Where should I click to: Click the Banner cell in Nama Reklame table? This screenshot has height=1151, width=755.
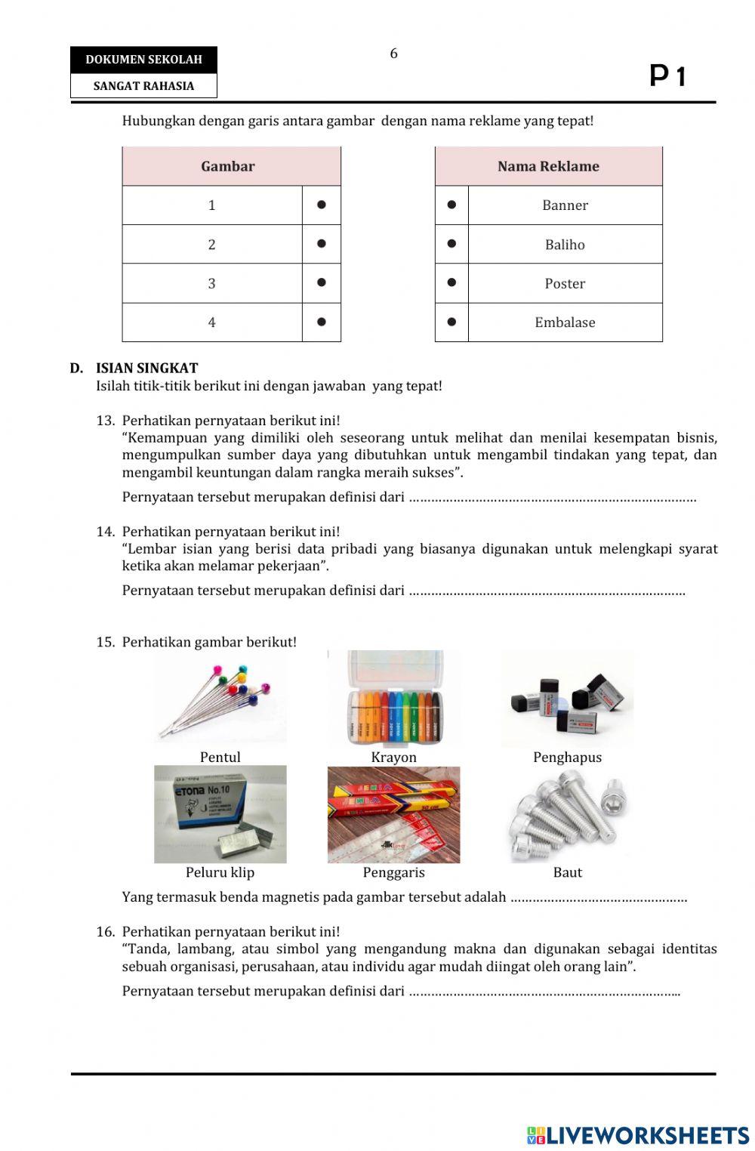point(565,205)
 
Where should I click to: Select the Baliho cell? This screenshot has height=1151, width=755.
point(565,245)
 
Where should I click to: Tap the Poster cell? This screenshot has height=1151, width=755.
point(565,284)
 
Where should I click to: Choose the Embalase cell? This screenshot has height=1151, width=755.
point(565,322)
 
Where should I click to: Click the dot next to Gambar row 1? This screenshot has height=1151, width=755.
point(322,205)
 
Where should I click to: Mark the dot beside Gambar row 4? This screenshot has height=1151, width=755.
point(322,322)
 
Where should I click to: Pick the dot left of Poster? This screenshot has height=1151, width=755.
point(451,282)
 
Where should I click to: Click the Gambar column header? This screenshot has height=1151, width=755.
point(228,166)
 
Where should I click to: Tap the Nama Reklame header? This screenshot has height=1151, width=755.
point(548,166)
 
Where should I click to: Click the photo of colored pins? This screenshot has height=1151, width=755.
point(220,699)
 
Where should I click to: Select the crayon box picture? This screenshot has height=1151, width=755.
point(393,699)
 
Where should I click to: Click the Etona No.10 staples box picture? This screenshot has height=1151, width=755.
point(220,814)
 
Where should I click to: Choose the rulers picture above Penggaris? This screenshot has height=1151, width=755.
point(393,814)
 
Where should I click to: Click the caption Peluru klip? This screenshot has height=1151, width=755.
point(220,872)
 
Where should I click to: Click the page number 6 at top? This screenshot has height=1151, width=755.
point(393,54)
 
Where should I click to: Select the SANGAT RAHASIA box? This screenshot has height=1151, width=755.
point(143,86)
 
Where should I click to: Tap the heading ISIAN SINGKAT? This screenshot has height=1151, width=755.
point(146,369)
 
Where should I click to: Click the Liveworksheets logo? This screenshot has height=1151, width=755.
point(638,1135)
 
